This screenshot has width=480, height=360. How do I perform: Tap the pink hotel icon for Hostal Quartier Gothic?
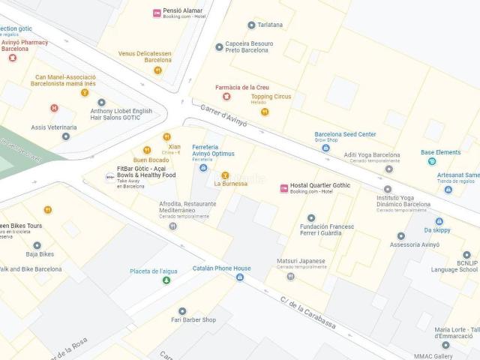click(283, 188)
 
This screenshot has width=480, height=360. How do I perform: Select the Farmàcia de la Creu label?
click(242, 87)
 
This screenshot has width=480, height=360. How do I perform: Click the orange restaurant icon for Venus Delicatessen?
click(157, 70)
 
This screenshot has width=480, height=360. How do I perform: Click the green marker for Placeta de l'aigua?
click(166, 280)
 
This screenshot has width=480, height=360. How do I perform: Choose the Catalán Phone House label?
click(221, 268)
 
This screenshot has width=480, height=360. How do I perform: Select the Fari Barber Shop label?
click(193, 319)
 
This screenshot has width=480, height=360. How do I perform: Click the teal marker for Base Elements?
click(431, 161)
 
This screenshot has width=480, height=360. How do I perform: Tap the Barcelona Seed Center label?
click(345, 134)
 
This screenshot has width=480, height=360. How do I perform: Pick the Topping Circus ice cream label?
click(271, 97)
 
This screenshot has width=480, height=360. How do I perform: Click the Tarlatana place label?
click(270, 25)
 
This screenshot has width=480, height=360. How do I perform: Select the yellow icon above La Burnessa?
click(225, 175)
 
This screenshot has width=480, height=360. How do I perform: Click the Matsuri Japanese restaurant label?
click(301, 261)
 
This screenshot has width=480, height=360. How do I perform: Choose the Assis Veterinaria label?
click(54, 127)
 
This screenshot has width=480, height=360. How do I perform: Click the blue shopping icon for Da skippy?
click(439, 221)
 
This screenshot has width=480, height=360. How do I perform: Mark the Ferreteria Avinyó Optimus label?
click(213, 150)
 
